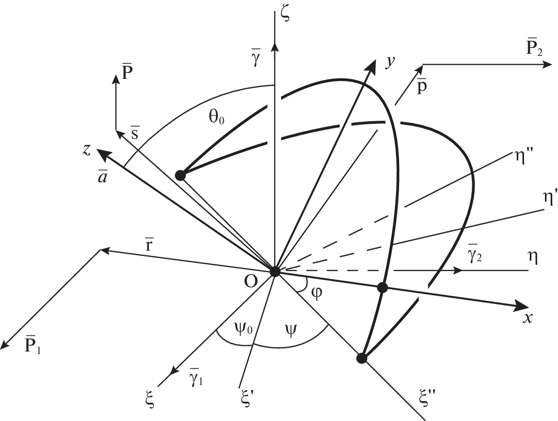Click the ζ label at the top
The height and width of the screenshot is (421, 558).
coord(285,15)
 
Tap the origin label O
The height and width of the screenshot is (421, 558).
coord(251,282)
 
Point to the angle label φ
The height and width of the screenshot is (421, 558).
coord(317,293)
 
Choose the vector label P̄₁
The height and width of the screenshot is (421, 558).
coord(32,343)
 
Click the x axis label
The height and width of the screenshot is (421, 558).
coord(528,318)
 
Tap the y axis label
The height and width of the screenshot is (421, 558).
coord(391,62)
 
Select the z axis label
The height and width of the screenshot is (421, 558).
coord(87,150)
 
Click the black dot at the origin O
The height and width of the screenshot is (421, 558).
coord(275,271)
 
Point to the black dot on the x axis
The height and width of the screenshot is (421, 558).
coord(382,288)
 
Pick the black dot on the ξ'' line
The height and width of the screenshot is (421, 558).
coord(362,358)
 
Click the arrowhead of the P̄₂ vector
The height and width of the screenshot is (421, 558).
coord(548,64)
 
